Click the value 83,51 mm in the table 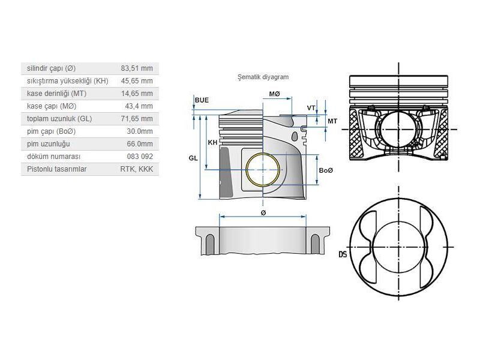click(x=137, y=68)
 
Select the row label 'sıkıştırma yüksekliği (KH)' click(x=68, y=80)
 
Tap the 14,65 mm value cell click(x=137, y=93)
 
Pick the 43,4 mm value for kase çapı click(x=139, y=106)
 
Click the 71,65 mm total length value click(x=137, y=119)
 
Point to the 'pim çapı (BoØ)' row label click(x=52, y=131)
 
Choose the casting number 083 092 click(x=139, y=157)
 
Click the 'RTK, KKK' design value click(x=136, y=169)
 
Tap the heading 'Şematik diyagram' click(x=263, y=77)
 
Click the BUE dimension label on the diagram click(x=202, y=100)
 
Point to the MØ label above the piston click(x=275, y=94)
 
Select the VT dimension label click(x=311, y=108)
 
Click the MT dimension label click(x=332, y=121)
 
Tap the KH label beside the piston click(x=212, y=143)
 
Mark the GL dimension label click(x=193, y=157)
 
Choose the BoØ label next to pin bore click(x=326, y=171)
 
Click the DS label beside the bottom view click(x=343, y=254)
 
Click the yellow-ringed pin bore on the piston click(x=263, y=170)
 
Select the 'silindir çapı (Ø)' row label click(x=52, y=68)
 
